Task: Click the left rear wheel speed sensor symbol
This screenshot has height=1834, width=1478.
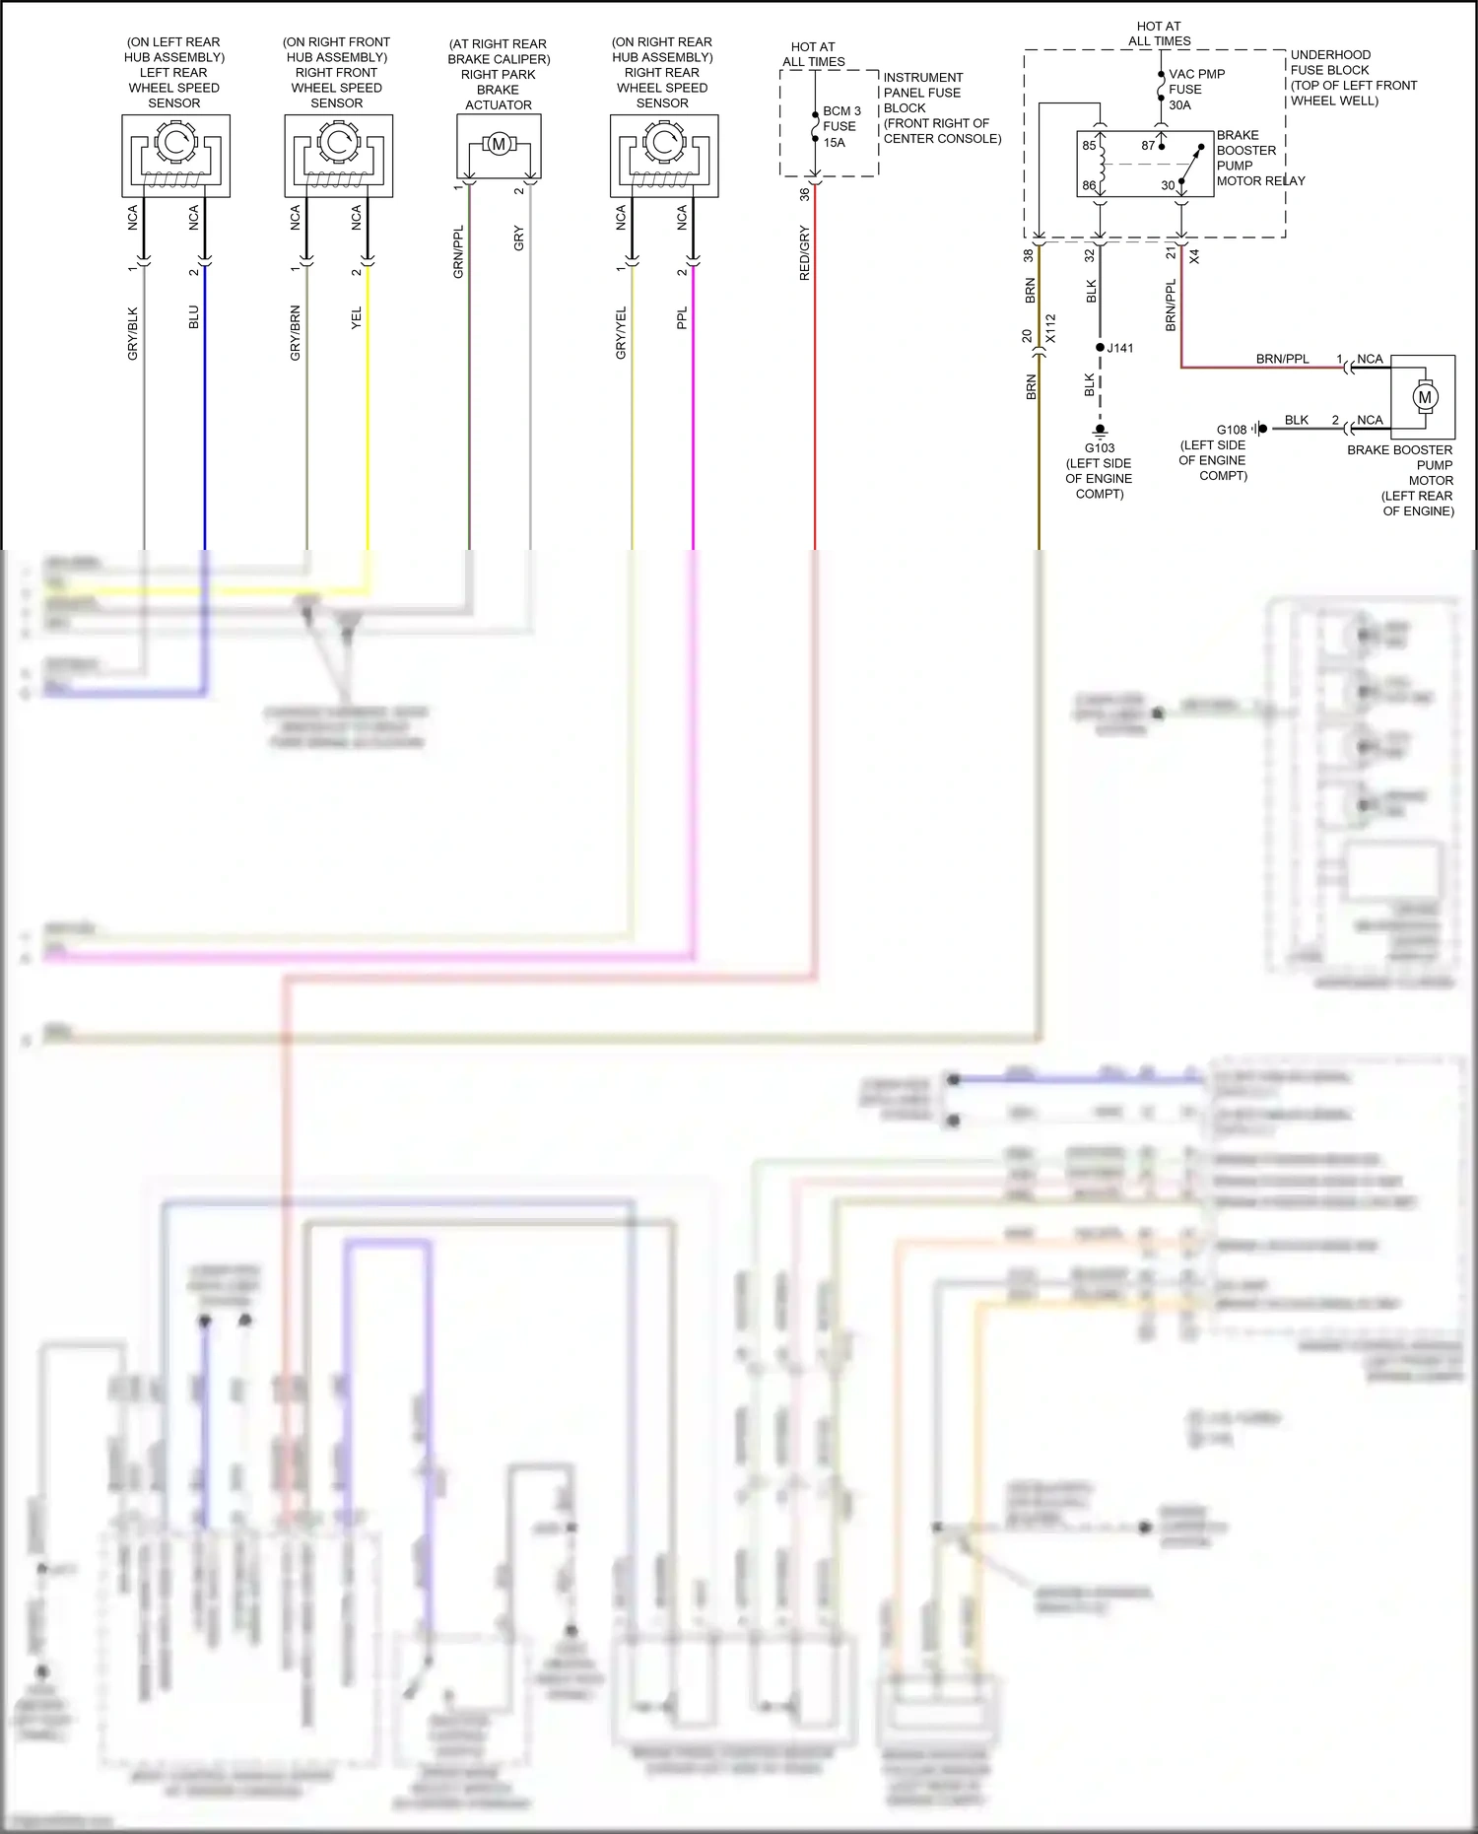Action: pos(175,156)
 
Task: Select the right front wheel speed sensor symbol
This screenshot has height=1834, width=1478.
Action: pos(338,156)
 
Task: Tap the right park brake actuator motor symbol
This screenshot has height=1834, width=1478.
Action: pos(499,145)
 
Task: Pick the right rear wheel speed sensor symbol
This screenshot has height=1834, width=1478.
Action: pos(664,156)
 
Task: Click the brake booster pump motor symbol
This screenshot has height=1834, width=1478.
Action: pos(1424,397)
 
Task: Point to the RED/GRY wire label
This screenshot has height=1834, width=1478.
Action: pos(804,253)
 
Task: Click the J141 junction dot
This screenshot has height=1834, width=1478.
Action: pos(1101,348)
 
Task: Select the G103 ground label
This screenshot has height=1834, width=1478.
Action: pos(1100,448)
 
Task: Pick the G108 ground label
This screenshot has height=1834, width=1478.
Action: pos(1232,430)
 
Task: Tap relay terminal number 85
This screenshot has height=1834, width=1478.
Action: pos(1089,146)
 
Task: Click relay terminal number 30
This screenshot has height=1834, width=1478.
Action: pos(1168,185)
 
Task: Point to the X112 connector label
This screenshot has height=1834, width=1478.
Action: pos(1050,328)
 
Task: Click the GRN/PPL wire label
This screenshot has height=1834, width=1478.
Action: pos(458,252)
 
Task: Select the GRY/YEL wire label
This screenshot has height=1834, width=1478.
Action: pos(621,333)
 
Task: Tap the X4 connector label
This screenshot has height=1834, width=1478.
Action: pos(1194,256)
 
